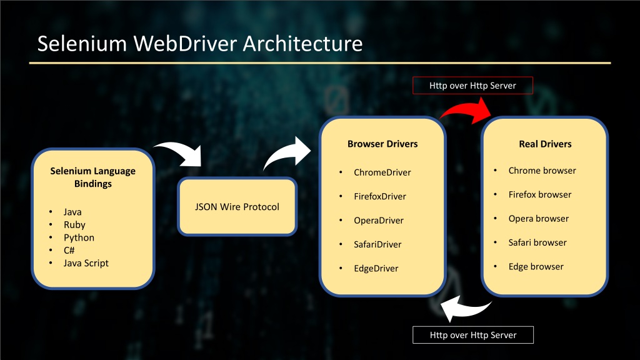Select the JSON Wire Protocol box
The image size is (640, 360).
click(x=237, y=206)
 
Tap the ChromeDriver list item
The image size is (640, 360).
click(x=382, y=172)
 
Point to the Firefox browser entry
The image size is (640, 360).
click(x=539, y=194)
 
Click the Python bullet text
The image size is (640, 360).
click(x=79, y=237)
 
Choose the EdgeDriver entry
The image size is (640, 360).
click(x=376, y=268)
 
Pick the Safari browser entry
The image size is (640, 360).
click(x=537, y=242)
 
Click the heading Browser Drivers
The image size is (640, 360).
click(x=382, y=144)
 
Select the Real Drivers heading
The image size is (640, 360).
click(x=545, y=144)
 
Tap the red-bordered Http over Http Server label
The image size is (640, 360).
click(x=472, y=85)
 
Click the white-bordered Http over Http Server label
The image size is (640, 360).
click(x=473, y=335)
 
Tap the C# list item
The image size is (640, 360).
click(x=69, y=250)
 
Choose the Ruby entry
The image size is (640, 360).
click(x=74, y=224)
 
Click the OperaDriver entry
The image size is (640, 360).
click(x=378, y=221)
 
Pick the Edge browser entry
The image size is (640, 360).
click(x=536, y=266)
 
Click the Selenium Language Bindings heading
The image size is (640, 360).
click(x=92, y=177)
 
